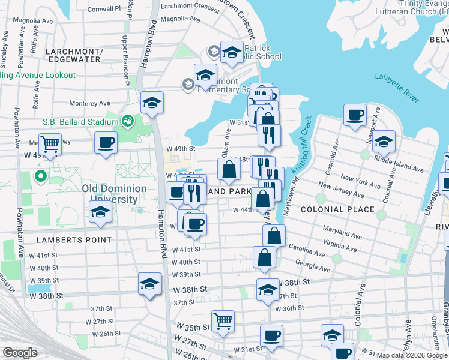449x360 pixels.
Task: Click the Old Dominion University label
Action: (114, 194)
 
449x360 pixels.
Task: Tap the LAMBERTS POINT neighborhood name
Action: (74, 240)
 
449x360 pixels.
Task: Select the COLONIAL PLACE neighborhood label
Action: (337, 209)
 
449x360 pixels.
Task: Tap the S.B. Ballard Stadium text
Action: (80, 122)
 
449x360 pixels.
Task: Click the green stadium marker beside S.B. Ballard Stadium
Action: (127, 122)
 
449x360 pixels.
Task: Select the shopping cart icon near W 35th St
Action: (223, 320)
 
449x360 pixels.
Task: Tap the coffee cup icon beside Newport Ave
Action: (355, 114)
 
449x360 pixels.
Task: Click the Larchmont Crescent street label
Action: (190, 6)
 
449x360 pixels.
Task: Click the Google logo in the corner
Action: (20, 353)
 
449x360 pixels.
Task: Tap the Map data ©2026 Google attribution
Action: (412, 355)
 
